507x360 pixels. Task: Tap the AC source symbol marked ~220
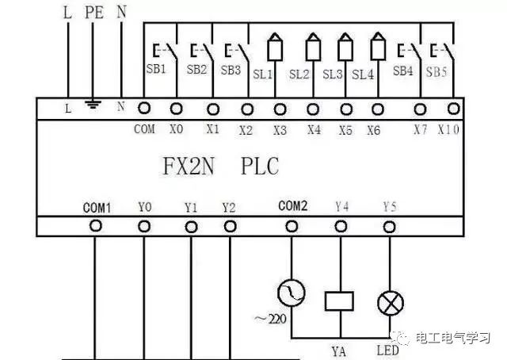[292, 294]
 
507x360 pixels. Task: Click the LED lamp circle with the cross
[389, 301]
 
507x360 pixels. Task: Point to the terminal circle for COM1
[96, 226]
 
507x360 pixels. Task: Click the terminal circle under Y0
[144, 226]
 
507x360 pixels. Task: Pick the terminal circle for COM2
[292, 226]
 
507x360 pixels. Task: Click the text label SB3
[231, 70]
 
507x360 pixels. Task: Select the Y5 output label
[389, 207]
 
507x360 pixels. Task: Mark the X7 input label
[420, 129]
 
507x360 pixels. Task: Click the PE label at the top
[94, 12]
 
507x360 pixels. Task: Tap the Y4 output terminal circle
[341, 226]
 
